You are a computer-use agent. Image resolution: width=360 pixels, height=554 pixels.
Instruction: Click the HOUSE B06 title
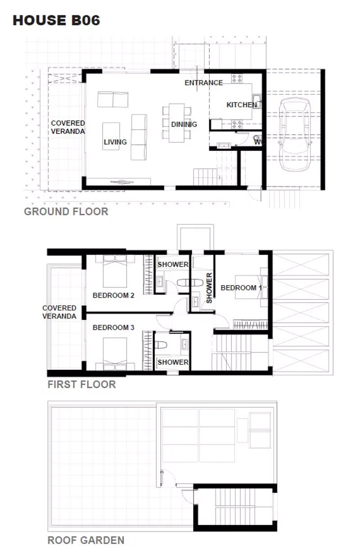click(56, 20)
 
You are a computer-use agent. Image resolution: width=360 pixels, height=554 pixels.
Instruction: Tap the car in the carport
click(295, 134)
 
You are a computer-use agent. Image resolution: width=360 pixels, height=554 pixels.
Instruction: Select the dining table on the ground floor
click(177, 123)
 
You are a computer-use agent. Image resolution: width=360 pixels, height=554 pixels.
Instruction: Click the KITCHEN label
click(242, 105)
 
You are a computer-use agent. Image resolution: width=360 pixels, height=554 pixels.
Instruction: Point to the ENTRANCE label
click(204, 83)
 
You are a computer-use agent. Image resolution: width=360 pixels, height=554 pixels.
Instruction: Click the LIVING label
click(115, 142)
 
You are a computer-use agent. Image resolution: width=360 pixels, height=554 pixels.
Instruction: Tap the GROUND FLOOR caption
click(66, 212)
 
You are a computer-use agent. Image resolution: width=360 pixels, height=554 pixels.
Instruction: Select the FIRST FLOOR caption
click(81, 384)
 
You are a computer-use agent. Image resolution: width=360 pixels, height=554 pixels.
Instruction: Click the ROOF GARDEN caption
click(86, 540)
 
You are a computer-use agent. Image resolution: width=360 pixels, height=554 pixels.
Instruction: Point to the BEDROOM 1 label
click(241, 288)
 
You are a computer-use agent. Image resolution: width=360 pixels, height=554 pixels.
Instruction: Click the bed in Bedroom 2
click(115, 271)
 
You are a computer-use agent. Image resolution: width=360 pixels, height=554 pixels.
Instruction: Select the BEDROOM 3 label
click(113, 327)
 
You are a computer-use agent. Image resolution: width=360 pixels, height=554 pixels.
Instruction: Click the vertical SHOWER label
click(209, 288)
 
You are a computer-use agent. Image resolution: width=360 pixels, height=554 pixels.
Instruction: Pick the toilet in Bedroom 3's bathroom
click(161, 345)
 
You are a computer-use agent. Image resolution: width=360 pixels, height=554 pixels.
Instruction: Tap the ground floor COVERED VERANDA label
click(68, 127)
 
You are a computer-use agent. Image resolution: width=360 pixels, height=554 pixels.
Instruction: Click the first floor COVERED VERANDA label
click(59, 312)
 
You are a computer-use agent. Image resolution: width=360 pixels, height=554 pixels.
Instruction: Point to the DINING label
click(184, 124)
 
